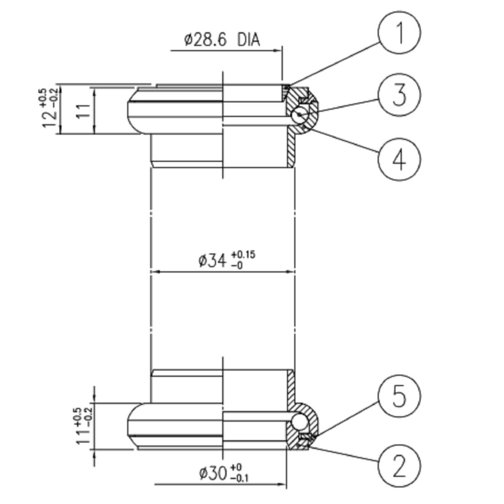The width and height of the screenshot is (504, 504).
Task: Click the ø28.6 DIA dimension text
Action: [222, 40]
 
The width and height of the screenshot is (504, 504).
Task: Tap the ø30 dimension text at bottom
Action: [213, 473]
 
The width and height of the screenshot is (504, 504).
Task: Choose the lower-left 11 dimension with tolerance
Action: [82, 435]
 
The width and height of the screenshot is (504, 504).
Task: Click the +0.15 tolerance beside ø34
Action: [243, 254]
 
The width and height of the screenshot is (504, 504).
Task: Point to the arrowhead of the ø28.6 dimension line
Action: [277, 50]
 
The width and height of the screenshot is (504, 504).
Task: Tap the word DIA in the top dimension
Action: [248, 40]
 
